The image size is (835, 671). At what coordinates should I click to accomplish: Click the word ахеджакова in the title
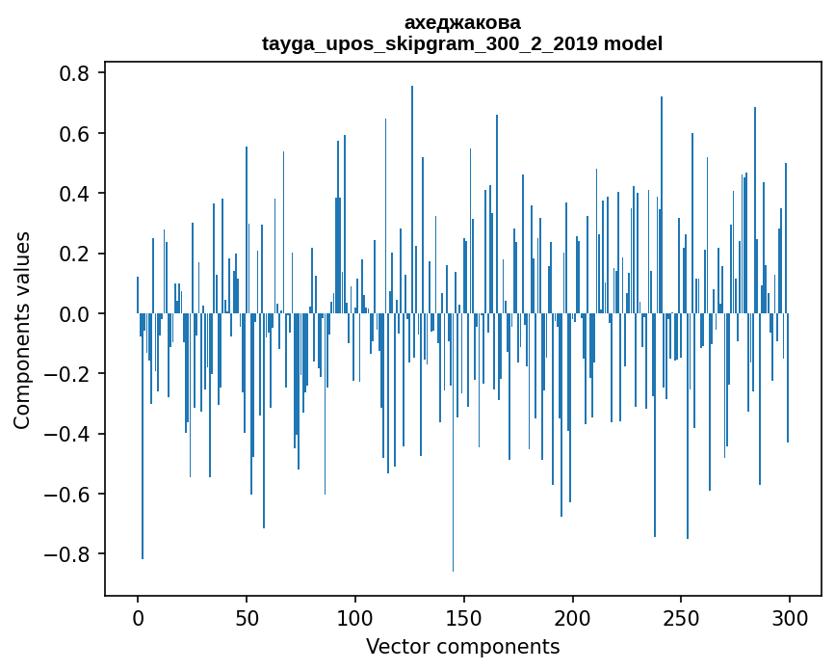(x=462, y=22)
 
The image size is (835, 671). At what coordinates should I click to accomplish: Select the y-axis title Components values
(x=22, y=330)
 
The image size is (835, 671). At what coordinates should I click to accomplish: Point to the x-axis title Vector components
(x=462, y=646)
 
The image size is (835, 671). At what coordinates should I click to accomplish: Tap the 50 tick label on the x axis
(x=247, y=617)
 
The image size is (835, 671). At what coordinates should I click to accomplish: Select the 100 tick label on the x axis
(x=355, y=617)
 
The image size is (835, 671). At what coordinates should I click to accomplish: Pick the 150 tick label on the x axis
(x=464, y=617)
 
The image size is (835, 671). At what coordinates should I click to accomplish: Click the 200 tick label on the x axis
(x=573, y=617)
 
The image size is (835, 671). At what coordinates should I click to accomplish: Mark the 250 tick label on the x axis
(x=682, y=617)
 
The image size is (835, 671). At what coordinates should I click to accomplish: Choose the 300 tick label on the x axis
(x=790, y=617)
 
